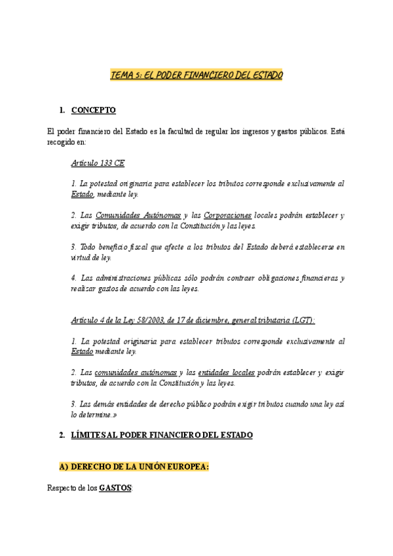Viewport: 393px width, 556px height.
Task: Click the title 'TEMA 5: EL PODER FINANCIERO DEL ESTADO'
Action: (196, 75)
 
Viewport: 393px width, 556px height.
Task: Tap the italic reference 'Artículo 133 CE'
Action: (98, 163)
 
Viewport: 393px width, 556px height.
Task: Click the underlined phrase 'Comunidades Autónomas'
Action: (138, 215)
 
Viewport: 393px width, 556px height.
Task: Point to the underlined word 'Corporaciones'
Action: (227, 215)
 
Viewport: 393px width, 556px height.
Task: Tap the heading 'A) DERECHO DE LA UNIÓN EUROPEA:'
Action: (134, 466)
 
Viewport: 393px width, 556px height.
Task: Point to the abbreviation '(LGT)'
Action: (303, 320)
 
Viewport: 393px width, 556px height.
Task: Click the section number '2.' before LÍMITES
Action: (62, 435)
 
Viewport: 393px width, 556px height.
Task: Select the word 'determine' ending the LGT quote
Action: (96, 415)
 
